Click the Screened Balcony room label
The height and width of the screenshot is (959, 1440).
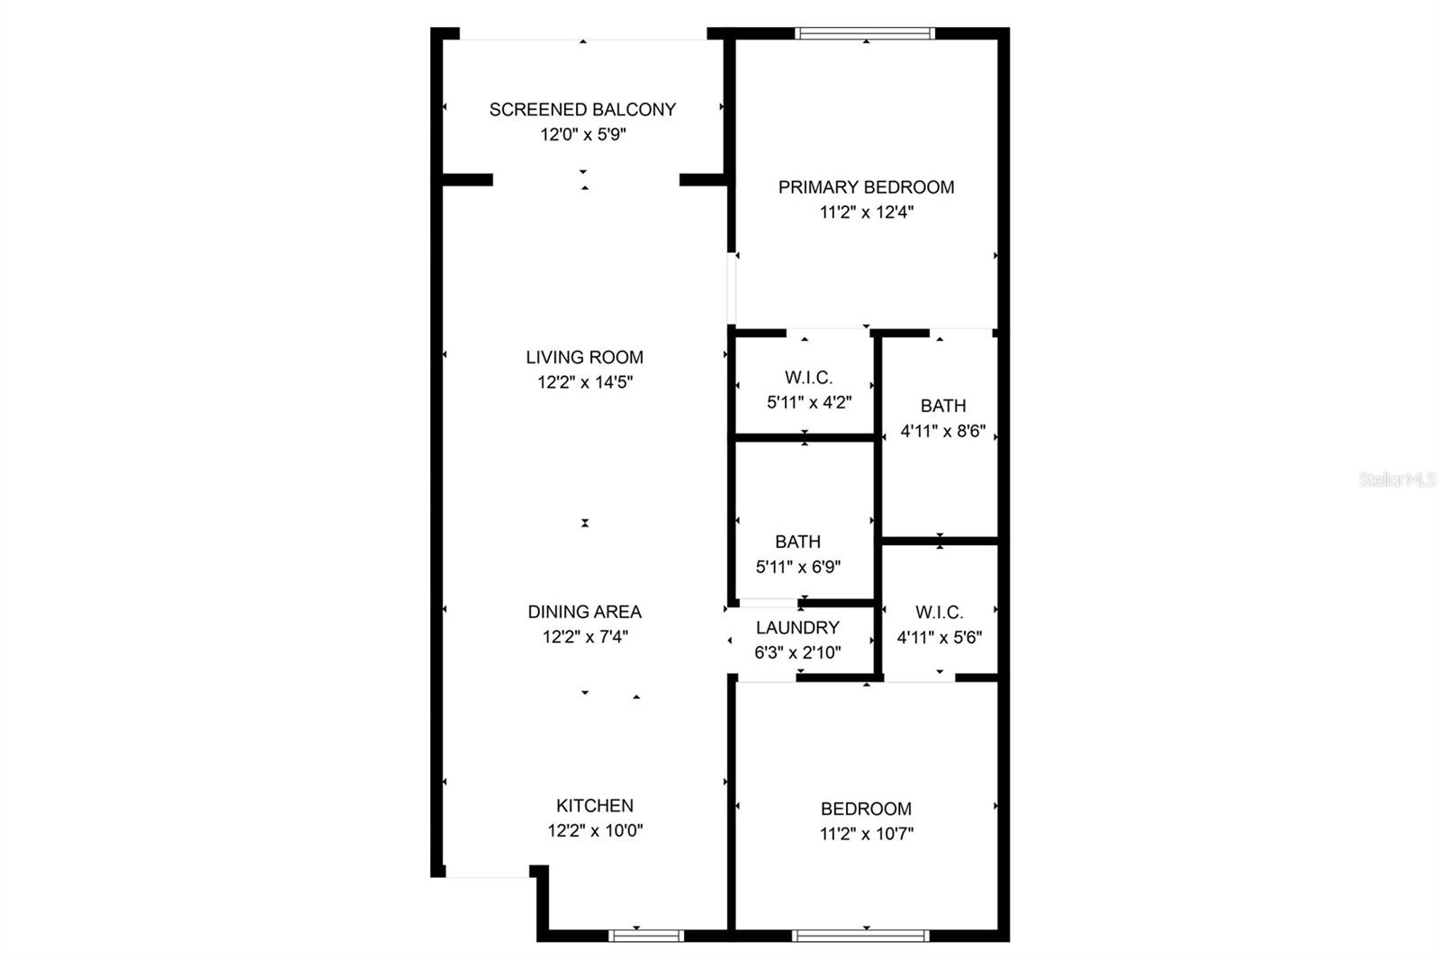[582, 110]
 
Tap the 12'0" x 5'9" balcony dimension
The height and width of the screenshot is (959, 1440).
[583, 135]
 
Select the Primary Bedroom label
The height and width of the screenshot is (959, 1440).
[866, 188]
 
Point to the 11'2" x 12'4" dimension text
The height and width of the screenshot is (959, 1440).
[867, 212]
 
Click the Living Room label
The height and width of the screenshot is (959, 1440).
[584, 357]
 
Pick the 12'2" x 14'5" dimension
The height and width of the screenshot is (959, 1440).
[585, 382]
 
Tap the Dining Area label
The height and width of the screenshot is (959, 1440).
[584, 612]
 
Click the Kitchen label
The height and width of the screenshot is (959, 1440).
[595, 805]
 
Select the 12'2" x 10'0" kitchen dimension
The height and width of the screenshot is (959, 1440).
[595, 830]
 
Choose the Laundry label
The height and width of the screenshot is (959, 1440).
[797, 628]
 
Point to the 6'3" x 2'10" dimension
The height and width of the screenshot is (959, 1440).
[797, 653]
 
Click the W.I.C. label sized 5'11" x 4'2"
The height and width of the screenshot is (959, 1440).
[809, 377]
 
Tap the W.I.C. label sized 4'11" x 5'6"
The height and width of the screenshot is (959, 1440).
[940, 612]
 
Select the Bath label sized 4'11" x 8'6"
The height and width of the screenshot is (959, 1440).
[943, 407]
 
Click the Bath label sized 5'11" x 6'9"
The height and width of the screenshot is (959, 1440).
[797, 542]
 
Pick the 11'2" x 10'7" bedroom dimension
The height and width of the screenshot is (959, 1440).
[867, 834]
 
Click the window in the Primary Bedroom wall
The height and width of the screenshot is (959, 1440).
[865, 33]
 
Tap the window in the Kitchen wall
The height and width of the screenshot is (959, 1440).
[646, 936]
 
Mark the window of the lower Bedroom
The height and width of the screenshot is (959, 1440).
[860, 936]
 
